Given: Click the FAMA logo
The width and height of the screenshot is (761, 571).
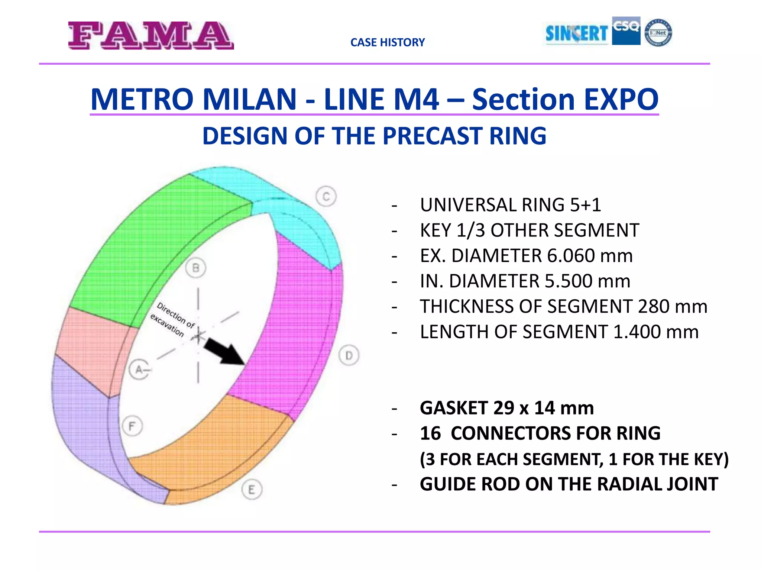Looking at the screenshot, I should coord(151,35).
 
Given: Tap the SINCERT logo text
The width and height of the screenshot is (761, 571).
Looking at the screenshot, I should coord(576,33).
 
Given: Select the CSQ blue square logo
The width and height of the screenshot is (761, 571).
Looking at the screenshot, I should coord(626,31).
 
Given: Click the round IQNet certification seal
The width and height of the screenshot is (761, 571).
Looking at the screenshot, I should coord(658,33).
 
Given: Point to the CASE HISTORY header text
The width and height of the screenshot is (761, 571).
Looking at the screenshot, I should coord(387,42).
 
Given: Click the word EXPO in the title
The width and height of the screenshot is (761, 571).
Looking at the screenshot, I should coord(621,99).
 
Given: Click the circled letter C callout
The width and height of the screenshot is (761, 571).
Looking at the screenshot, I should coord(326,196).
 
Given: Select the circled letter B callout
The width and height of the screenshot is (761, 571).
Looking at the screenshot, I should coord(195,268).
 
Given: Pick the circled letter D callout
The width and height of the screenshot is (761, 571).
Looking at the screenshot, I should coord(349,355).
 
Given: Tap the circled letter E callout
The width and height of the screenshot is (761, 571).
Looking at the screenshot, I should coord(252,490).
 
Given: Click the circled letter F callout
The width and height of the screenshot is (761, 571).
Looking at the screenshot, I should coord(132,426).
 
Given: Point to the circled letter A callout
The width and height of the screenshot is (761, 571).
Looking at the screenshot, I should coord(139,370).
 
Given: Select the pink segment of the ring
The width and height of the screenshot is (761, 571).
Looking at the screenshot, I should coord(93,349).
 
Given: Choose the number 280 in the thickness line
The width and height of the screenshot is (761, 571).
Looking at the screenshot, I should coord(654,306).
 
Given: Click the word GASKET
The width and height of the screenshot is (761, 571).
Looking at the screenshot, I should coord(454,408).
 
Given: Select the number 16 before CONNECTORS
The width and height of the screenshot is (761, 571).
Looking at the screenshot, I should coord(430,433).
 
